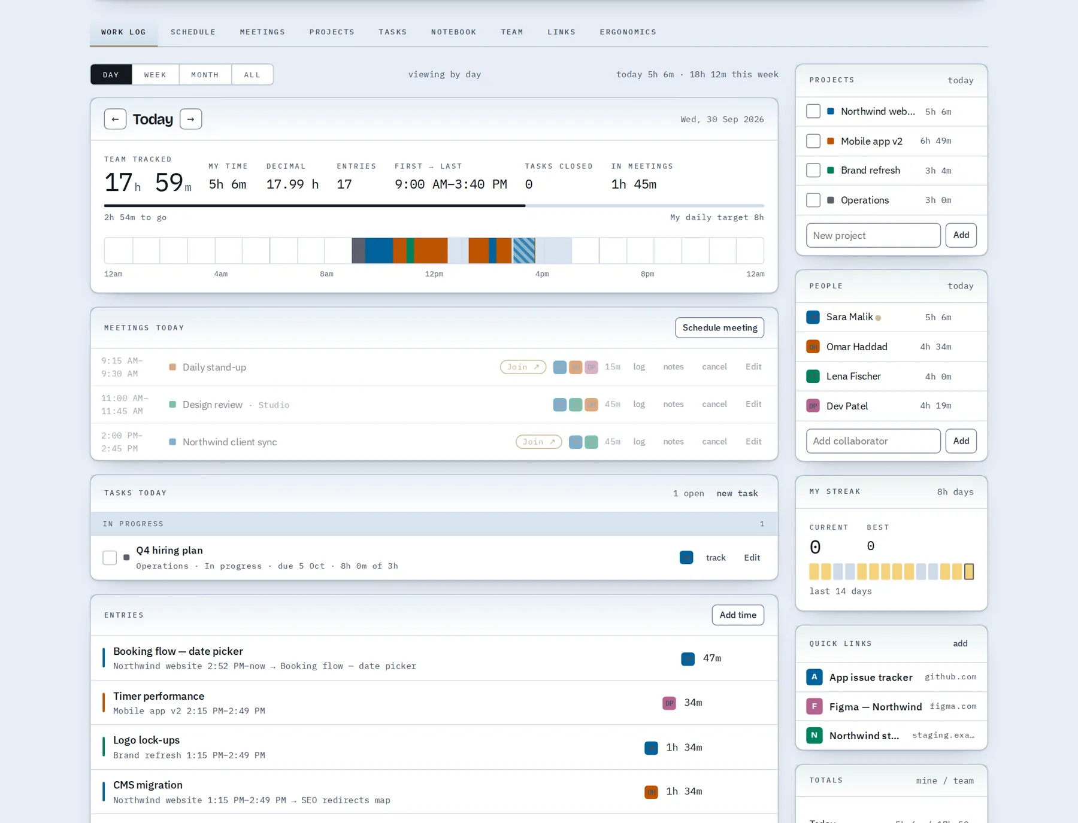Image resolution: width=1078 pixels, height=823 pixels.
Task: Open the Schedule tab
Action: [193, 32]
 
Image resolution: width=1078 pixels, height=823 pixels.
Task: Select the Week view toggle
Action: [155, 75]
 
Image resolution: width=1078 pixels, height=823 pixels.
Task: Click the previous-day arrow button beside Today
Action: [115, 119]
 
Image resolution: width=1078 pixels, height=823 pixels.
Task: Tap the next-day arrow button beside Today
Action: [191, 119]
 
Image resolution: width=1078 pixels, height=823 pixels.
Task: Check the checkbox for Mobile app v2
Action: [813, 141]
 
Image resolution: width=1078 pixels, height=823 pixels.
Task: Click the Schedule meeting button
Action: [720, 328]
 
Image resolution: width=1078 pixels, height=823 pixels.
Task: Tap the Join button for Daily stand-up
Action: [523, 367]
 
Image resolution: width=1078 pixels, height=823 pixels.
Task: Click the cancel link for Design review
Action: [714, 404]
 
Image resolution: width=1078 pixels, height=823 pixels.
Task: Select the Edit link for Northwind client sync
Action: [753, 442]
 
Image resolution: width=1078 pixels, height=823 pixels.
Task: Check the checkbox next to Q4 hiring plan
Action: [110, 558]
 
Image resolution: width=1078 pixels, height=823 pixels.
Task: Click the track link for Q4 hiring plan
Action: [716, 558]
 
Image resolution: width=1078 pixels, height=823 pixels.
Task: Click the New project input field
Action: [873, 235]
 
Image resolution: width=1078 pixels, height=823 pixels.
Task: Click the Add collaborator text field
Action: [873, 441]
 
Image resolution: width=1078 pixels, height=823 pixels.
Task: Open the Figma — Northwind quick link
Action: [876, 707]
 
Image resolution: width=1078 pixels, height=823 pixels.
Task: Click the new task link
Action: [737, 493]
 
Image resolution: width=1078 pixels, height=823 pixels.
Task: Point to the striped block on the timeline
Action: [524, 250]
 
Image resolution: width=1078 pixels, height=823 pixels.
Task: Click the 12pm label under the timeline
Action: [434, 274]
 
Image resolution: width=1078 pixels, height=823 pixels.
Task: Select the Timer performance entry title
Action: [159, 696]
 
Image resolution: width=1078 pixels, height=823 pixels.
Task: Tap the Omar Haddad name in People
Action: [856, 347]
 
